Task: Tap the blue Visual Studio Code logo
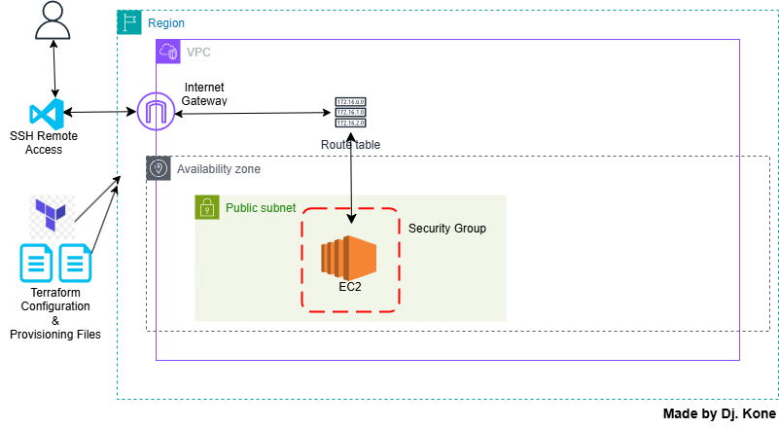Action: coord(47,115)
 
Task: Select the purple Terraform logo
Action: coord(52,216)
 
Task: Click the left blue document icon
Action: coord(37,263)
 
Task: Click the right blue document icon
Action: coord(75,263)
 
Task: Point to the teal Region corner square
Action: coord(129,22)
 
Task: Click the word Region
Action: coord(165,22)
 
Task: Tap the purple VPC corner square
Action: coord(168,52)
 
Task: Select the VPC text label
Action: coord(198,52)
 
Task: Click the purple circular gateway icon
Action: coord(156,112)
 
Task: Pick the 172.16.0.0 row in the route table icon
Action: coord(350,101)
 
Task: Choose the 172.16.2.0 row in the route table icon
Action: coord(350,124)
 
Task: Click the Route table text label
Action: coord(350,144)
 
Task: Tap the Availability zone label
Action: coord(218,168)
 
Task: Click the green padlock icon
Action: coord(206,207)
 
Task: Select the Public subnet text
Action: coord(261,208)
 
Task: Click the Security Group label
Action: coord(446,229)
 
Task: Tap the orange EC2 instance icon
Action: coord(349,257)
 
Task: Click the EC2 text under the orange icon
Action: coord(350,287)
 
